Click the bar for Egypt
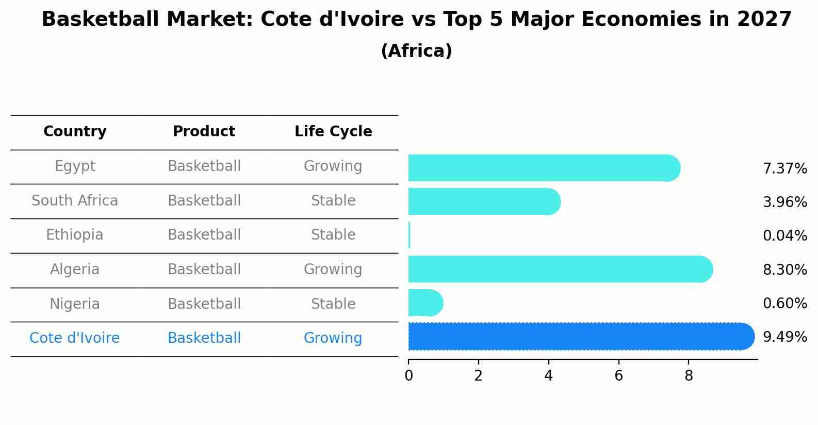[x=542, y=168]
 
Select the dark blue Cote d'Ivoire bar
[x=578, y=336]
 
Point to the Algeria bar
[x=557, y=269]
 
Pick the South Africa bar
[x=482, y=201]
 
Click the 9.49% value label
[x=784, y=337]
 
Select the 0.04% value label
[x=784, y=236]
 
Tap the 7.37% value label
[x=784, y=169]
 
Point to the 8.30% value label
[x=784, y=270]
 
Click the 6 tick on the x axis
[x=618, y=376]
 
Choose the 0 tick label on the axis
[x=408, y=376]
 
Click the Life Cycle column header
[x=333, y=132]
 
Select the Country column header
[x=75, y=132]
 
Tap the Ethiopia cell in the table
[x=75, y=235]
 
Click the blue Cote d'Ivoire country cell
[x=75, y=338]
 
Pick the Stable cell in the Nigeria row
[x=333, y=304]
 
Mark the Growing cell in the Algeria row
[x=333, y=269]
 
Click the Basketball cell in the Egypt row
[x=204, y=166]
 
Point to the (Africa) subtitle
[x=416, y=51]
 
